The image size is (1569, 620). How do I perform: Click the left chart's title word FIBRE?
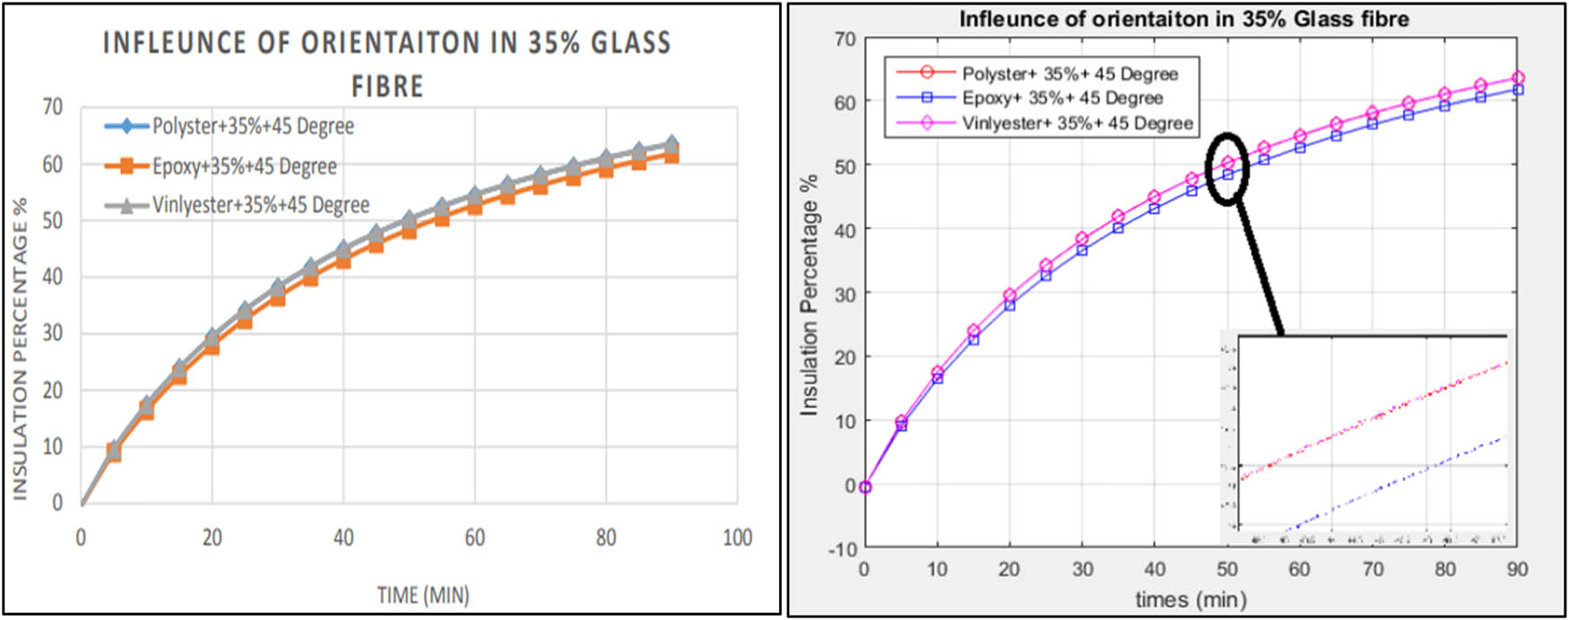386,86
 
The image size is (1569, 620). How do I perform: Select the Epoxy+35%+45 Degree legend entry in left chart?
244,166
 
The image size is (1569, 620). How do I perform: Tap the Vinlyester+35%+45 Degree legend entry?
260,205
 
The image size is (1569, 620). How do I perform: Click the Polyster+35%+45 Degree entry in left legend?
252,127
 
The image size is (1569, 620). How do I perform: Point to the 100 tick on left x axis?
737,537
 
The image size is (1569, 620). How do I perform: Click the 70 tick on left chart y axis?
53,107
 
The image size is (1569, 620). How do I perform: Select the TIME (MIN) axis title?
422,596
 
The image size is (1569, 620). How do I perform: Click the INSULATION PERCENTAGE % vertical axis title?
20,348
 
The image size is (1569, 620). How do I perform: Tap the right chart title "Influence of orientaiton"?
1183,19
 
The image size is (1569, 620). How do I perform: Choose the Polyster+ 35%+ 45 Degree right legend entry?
1070,74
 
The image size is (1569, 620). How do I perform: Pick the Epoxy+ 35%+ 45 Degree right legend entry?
1062,98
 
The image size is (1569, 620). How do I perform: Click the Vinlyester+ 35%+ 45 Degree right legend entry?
1077,123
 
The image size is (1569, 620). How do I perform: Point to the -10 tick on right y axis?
843,549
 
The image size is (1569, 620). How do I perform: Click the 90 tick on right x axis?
1517,569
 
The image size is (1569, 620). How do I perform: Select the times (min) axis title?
1191,598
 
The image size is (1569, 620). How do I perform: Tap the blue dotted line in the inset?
1399,480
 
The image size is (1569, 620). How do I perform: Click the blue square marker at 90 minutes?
1518,90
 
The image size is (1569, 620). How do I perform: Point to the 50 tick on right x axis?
1227,569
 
